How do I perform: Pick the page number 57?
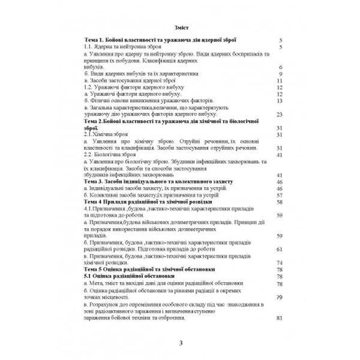coord(279,195)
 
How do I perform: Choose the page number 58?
coord(279,202)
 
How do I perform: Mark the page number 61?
coord(279,248)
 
